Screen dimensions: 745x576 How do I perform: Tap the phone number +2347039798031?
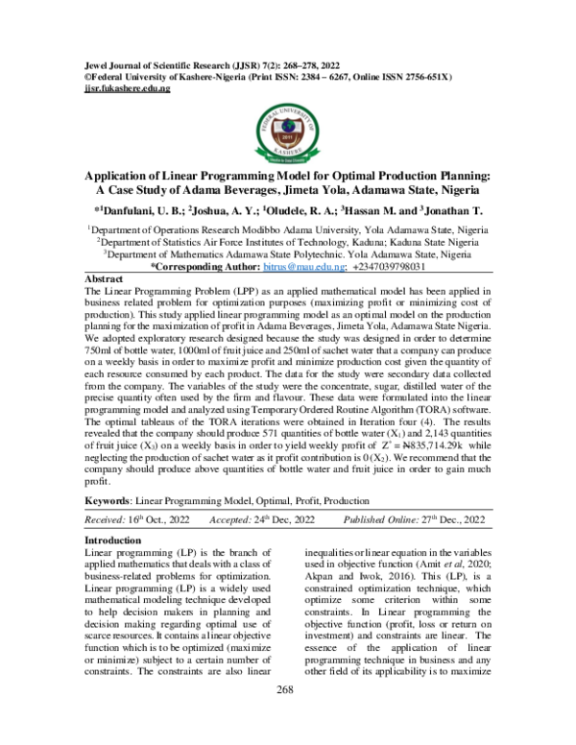388,268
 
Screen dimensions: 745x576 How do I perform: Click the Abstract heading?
105,278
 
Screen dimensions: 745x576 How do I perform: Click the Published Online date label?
389,519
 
